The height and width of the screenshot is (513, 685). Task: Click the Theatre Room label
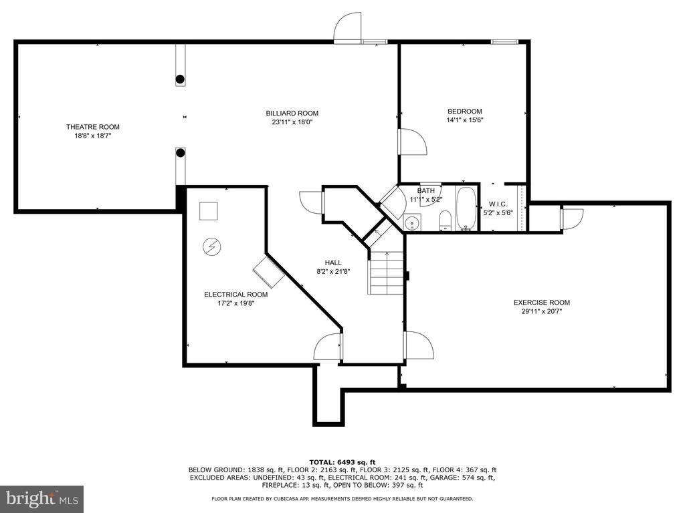click(92, 127)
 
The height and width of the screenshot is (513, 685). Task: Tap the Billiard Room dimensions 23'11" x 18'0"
click(292, 122)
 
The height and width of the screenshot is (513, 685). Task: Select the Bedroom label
click(465, 112)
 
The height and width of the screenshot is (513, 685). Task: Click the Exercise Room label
click(542, 303)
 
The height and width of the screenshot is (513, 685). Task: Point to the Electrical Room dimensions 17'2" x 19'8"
click(236, 303)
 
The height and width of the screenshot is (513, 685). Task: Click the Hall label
click(333, 263)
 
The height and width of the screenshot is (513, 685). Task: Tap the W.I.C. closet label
click(498, 204)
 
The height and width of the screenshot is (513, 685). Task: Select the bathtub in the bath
click(466, 208)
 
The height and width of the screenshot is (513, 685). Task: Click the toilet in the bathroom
click(445, 220)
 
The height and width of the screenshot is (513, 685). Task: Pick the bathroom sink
click(411, 222)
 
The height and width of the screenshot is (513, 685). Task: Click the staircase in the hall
click(386, 273)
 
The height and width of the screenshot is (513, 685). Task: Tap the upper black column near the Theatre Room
click(180, 79)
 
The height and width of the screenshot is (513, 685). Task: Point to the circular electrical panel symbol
click(212, 247)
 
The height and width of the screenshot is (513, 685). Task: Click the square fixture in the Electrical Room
click(209, 211)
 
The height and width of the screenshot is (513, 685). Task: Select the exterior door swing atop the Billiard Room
click(348, 27)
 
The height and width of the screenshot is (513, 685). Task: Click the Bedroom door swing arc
click(413, 142)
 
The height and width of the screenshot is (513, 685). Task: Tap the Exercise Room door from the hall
click(419, 345)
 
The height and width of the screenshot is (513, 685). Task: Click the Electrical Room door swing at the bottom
click(328, 347)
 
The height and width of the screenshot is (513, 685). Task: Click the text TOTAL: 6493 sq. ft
click(342, 462)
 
